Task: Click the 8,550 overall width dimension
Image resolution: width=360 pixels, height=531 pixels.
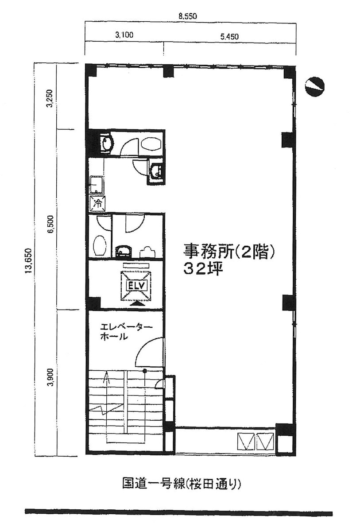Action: [x=188, y=16]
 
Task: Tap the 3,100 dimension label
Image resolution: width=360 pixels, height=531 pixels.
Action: [x=124, y=35]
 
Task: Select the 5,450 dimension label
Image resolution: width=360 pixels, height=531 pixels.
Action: [x=230, y=37]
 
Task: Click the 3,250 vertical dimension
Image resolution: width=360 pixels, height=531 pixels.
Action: [x=50, y=98]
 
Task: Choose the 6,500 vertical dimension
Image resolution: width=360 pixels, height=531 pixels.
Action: [x=51, y=224]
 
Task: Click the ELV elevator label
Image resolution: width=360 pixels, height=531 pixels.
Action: [x=136, y=285]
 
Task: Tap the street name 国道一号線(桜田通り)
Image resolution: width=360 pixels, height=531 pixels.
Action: [x=182, y=483]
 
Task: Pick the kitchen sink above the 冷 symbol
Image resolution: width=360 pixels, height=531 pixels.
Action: [x=97, y=185]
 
